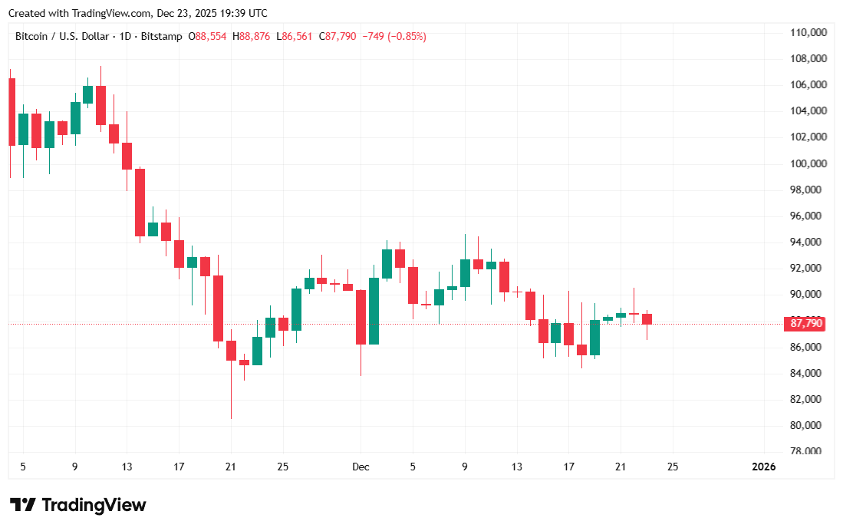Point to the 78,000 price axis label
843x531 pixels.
[x=810, y=451]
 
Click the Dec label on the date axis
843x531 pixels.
[x=361, y=467]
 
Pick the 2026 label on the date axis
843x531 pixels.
[x=763, y=467]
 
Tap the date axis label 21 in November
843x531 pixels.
[x=231, y=467]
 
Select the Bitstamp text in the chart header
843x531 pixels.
[x=162, y=36]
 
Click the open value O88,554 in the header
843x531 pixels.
[x=207, y=36]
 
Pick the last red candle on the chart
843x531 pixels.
[x=647, y=319]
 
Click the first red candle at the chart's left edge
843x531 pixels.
[x=12, y=111]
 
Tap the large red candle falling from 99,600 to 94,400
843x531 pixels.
[x=140, y=203]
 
